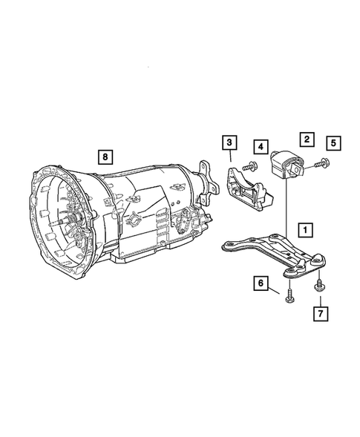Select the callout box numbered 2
[x=305, y=138]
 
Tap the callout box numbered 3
[x=230, y=142]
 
